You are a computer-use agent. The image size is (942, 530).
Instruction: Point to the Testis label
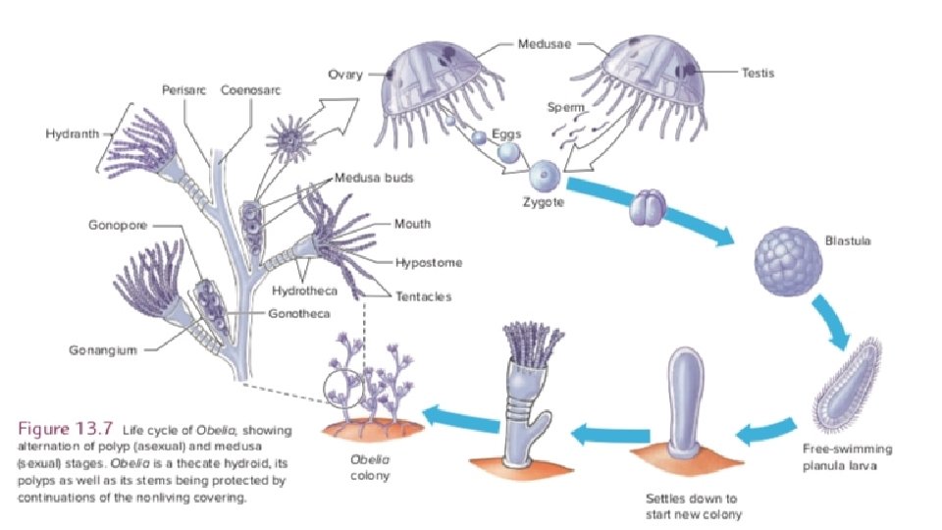click(x=759, y=72)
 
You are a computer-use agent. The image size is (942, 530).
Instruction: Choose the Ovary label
click(x=345, y=74)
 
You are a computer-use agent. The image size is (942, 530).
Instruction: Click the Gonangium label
click(x=102, y=349)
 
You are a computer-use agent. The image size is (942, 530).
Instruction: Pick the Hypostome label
click(x=428, y=263)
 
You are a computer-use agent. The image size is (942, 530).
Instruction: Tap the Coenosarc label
click(x=251, y=89)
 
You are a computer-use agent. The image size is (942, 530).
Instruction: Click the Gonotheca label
click(x=299, y=313)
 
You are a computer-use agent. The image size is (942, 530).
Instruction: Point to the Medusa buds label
click(x=374, y=179)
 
